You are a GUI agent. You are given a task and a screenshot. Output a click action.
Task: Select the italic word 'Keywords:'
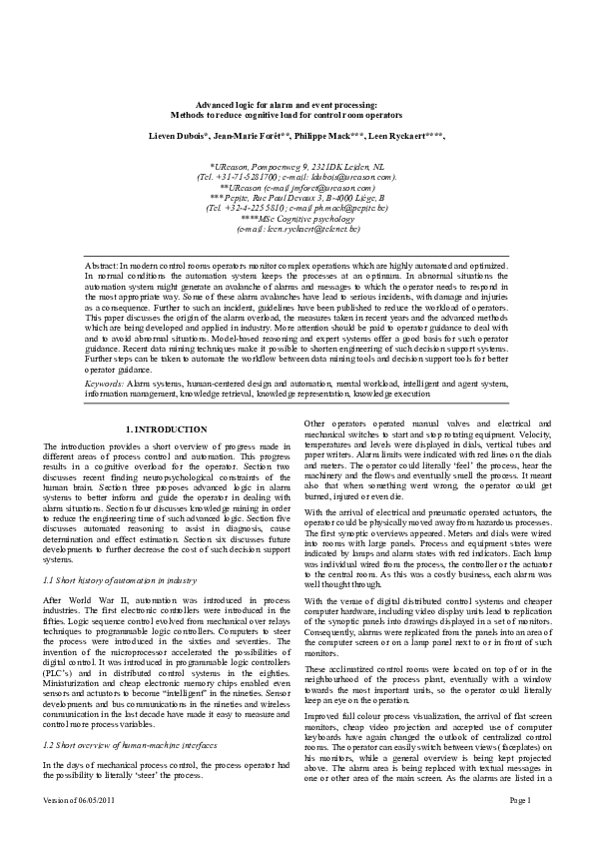pos(105,355)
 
